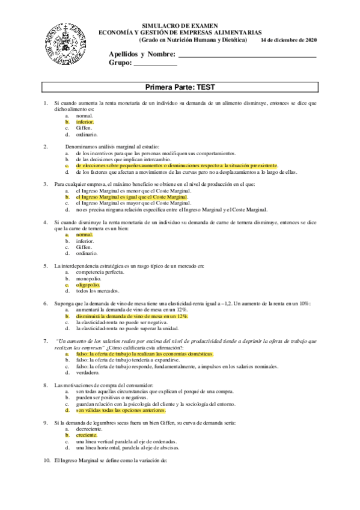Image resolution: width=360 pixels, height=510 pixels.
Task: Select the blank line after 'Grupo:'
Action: point(155,64)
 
